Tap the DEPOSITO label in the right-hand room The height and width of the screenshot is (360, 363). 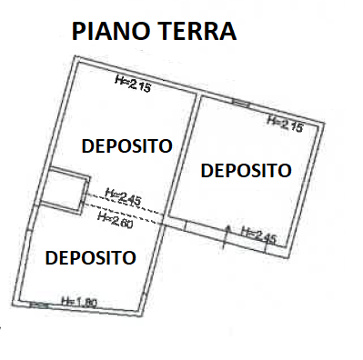[x=247, y=170]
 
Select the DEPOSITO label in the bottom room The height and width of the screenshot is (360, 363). [x=90, y=257]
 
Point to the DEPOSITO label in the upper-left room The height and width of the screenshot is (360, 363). [x=127, y=145]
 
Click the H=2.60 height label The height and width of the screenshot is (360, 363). [x=116, y=220]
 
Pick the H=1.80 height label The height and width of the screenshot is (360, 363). [x=79, y=302]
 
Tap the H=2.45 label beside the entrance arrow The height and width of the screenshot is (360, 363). [x=259, y=235]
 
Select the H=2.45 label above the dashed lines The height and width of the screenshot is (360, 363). [x=123, y=198]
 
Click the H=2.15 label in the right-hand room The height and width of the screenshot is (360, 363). [x=285, y=125]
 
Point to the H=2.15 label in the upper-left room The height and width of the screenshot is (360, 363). [x=133, y=84]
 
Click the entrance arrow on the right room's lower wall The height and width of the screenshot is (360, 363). [x=227, y=237]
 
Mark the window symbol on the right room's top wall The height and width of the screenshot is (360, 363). [x=241, y=103]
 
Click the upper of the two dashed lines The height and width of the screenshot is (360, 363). [x=125, y=204]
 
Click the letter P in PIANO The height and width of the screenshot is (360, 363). [x=78, y=32]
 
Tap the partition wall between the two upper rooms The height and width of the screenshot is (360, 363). [x=181, y=155]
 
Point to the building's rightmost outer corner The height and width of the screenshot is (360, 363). [x=325, y=123]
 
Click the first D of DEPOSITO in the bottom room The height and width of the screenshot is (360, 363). [x=51, y=258]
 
